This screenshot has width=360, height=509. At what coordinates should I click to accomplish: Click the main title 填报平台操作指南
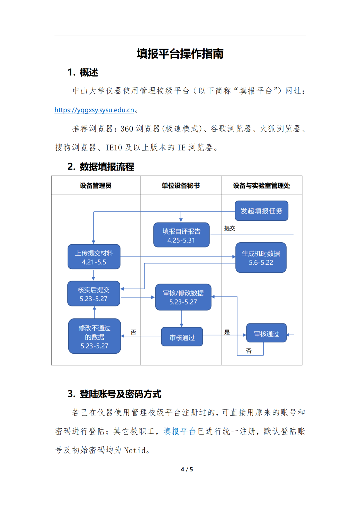180,54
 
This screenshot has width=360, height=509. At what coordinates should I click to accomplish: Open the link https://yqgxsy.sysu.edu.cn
94,110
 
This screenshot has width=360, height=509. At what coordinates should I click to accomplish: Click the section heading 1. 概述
83,73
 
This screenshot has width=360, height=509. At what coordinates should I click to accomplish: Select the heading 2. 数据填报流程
101,167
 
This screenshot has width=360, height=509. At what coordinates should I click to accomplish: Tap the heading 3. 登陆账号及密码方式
114,394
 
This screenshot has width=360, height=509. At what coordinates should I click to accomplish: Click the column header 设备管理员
96,186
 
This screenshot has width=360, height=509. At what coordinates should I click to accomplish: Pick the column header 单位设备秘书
181,186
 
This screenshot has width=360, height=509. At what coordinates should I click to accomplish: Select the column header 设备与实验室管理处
261,186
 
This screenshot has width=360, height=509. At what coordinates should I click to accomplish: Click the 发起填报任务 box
261,211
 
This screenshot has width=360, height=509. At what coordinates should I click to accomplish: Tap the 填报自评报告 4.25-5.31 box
181,235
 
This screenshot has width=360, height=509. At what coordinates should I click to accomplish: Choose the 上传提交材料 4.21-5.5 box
94,256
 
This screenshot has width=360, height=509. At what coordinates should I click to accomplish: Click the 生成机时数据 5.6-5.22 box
261,257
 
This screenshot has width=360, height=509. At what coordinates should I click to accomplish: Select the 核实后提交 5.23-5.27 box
94,293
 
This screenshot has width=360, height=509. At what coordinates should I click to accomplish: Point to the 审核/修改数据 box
183,297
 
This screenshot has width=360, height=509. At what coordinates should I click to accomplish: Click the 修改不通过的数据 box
94,336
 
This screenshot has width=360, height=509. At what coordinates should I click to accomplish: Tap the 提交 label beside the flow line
229,228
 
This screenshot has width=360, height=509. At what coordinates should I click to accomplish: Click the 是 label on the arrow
227,332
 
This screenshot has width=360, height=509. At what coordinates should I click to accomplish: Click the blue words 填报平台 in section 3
180,431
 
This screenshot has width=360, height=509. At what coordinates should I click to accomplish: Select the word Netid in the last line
135,450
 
